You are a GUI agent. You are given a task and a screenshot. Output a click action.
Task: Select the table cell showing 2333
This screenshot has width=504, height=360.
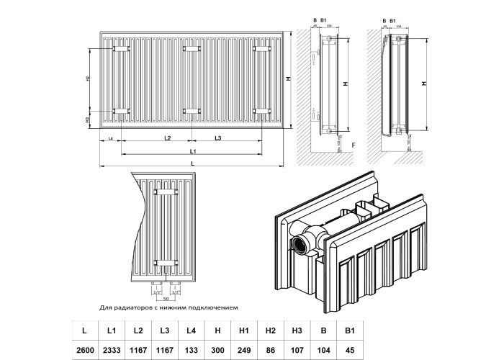pos(112,349)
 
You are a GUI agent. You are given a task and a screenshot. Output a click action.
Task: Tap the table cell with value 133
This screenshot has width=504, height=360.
pos(190,349)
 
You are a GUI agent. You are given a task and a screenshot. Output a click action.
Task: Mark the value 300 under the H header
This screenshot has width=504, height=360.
pos(216,349)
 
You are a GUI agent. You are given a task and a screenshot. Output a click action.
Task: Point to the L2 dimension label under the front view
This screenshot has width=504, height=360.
pos(167,138)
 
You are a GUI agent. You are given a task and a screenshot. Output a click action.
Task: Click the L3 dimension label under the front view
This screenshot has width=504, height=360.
pos(217,138)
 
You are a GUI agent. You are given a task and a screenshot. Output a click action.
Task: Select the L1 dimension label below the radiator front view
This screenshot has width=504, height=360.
pos(194,151)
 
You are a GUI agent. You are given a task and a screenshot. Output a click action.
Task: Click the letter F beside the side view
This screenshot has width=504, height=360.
pos(353,145)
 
